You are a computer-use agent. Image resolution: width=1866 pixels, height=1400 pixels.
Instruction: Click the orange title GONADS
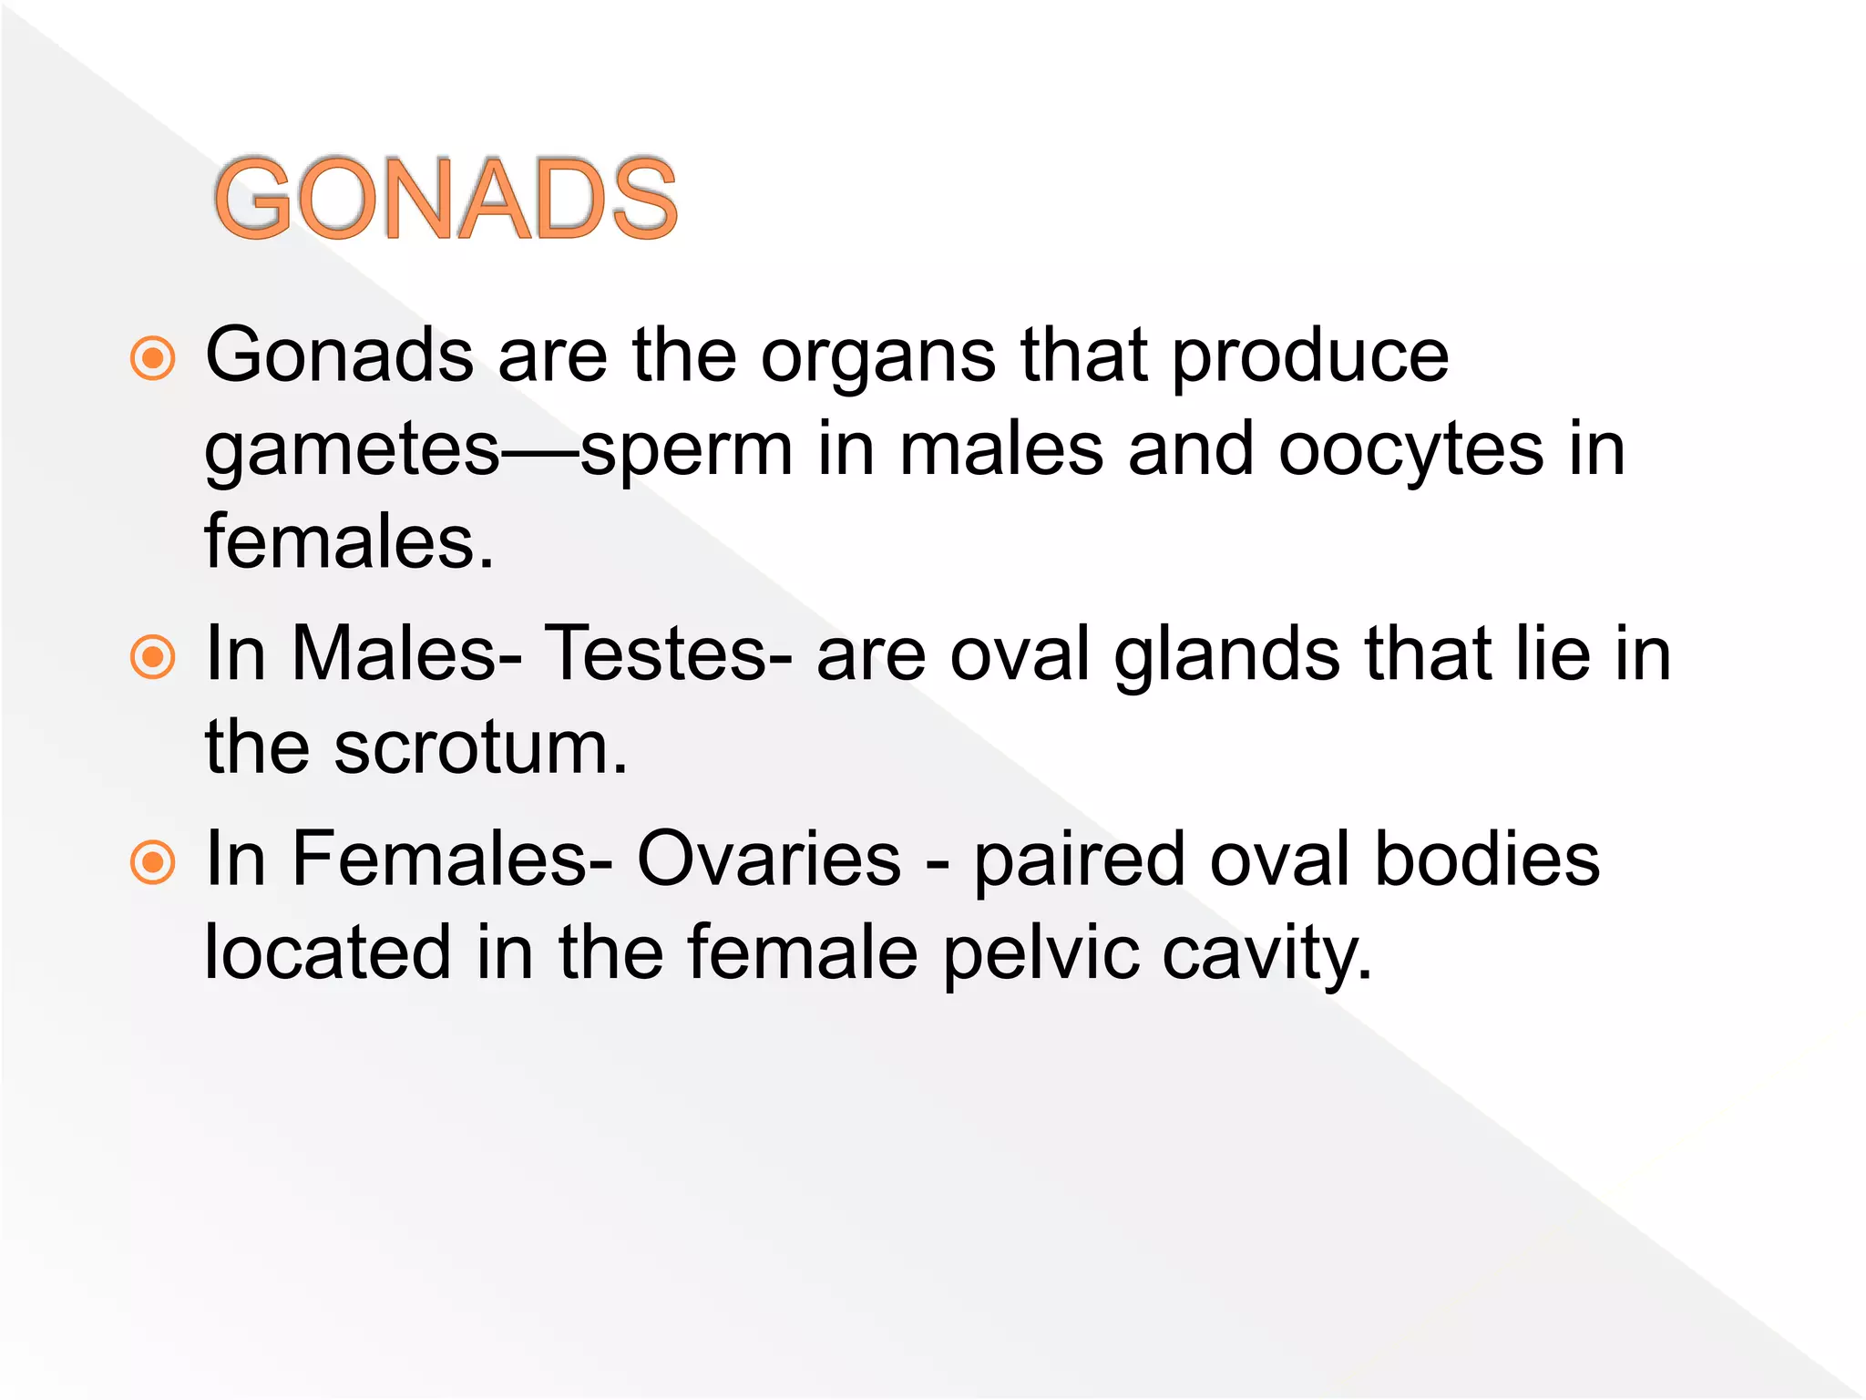coord(446,199)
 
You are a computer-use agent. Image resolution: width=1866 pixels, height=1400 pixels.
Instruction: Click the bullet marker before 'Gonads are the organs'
coord(152,358)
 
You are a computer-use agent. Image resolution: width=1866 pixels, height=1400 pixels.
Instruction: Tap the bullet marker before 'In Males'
coord(152,656)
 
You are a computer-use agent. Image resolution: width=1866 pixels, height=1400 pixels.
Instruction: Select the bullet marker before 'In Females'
coord(152,861)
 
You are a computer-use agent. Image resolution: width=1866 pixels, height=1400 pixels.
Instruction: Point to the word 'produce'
coord(1309,357)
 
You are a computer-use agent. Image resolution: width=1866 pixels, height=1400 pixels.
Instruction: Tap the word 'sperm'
coord(686,451)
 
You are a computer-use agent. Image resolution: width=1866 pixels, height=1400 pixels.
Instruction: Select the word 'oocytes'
coord(1411,451)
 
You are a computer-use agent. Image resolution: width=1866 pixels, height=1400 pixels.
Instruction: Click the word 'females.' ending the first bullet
coord(349,541)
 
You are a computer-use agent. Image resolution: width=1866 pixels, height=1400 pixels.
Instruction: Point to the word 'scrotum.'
coord(480,747)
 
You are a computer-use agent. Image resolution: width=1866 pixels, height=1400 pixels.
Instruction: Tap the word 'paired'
coord(1080,861)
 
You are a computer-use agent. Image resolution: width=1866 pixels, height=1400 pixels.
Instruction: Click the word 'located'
coord(327,952)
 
